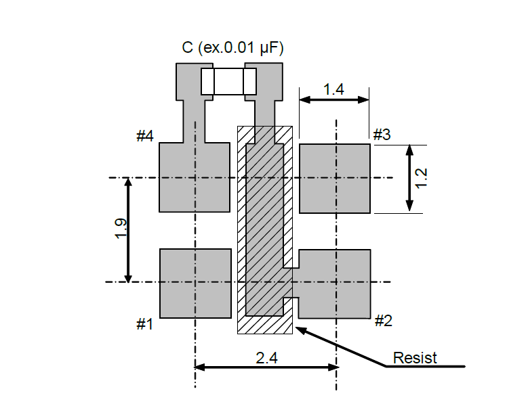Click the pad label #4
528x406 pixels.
tap(145, 136)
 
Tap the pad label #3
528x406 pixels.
tap(382, 134)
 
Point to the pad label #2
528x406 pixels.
tap(384, 321)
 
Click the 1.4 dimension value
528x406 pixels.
tap(333, 89)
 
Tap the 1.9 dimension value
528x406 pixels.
tap(120, 230)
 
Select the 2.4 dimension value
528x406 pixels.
tap(266, 359)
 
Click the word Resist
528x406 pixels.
tap(415, 358)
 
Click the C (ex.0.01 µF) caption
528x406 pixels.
tap(232, 48)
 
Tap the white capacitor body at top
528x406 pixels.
tap(228, 81)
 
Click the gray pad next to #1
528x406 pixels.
tap(195, 283)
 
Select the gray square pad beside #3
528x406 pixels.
tap(335, 178)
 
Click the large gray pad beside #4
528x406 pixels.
tap(195, 177)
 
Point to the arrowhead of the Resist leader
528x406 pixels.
tap(298, 328)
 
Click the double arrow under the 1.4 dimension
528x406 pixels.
tap(334, 99)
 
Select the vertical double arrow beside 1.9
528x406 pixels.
tap(128, 230)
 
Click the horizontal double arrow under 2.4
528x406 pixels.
tap(266, 367)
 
